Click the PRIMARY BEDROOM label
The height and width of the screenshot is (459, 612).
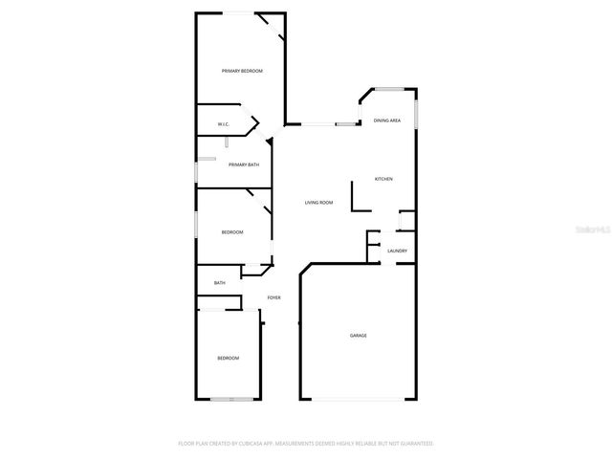click(242, 71)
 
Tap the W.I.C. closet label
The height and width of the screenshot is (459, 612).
click(223, 124)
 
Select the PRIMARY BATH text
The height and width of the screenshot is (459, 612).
click(243, 164)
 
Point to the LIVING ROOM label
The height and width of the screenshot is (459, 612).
click(318, 203)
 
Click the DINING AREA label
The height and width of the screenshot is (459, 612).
click(386, 120)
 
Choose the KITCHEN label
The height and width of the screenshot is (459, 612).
click(382, 179)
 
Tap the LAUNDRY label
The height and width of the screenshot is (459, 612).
click(397, 251)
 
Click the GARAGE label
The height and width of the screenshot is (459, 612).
click(358, 336)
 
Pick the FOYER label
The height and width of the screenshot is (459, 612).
click(273, 298)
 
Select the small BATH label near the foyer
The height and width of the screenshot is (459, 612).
click(219, 283)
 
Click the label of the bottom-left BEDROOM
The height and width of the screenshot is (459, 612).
click(228, 358)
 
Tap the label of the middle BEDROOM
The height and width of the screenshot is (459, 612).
click(232, 232)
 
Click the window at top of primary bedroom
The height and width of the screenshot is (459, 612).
click(239, 12)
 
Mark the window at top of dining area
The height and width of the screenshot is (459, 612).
click(389, 89)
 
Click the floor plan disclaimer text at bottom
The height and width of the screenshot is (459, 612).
click(306, 444)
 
